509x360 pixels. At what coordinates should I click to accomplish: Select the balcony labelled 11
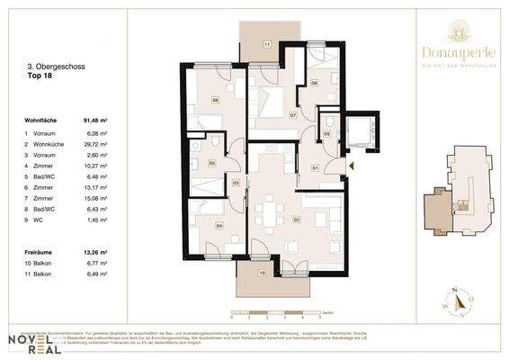click(x=266, y=44)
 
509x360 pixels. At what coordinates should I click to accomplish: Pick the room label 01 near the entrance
click(x=315, y=168)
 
